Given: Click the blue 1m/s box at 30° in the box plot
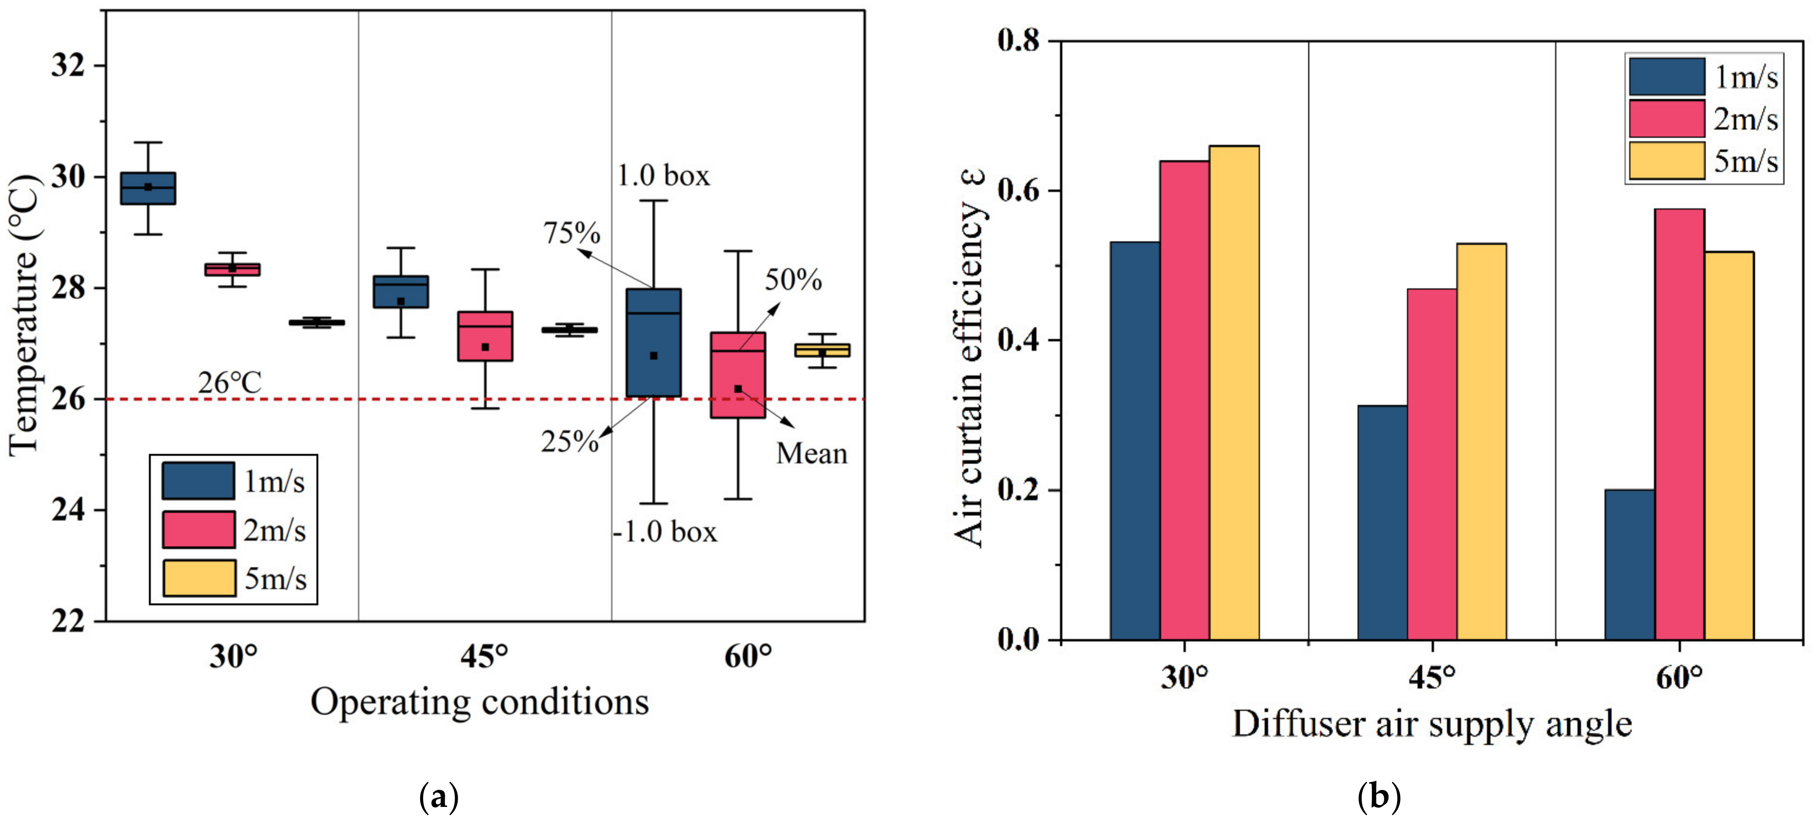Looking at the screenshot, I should coord(148,188).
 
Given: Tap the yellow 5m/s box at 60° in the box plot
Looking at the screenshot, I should coord(822,351).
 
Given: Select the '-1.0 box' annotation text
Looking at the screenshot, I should coord(664,531).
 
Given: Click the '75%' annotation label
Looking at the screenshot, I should coord(572,234).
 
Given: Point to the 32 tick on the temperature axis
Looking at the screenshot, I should coord(68,66).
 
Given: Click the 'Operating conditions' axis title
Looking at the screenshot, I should coord(479,702).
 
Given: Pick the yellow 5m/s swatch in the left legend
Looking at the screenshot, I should coord(199,578).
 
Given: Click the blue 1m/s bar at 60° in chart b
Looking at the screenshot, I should coord(1629,564).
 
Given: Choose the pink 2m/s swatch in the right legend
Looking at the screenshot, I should coord(1666,118).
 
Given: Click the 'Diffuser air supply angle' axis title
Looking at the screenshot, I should coord(1432,724).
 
